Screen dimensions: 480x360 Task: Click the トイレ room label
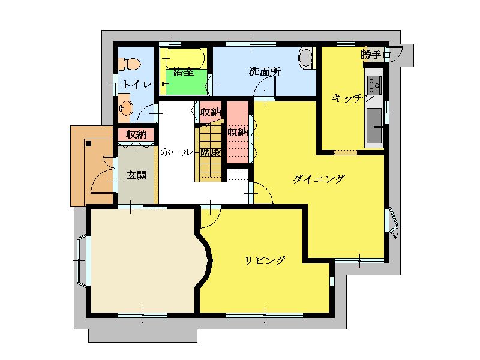click(137, 84)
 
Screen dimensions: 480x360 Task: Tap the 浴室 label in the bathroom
click(183, 72)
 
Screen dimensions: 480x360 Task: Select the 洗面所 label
click(265, 72)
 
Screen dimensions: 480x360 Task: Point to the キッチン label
click(352, 98)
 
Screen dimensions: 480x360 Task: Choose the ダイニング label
click(319, 178)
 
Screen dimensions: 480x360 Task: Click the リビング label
click(265, 260)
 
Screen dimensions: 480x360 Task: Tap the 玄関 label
click(136, 175)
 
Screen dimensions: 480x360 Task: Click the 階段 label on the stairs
click(211, 152)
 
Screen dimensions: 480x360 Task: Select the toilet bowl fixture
click(130, 64)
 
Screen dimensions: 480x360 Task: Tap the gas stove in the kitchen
click(374, 85)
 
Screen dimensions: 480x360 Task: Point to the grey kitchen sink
click(374, 125)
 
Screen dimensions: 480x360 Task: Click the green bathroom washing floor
click(187, 82)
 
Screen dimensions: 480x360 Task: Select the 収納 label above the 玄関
click(136, 134)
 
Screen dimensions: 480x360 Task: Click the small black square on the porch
click(89, 143)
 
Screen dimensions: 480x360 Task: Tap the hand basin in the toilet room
click(126, 108)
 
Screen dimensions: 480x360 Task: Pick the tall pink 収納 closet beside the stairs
click(238, 132)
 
